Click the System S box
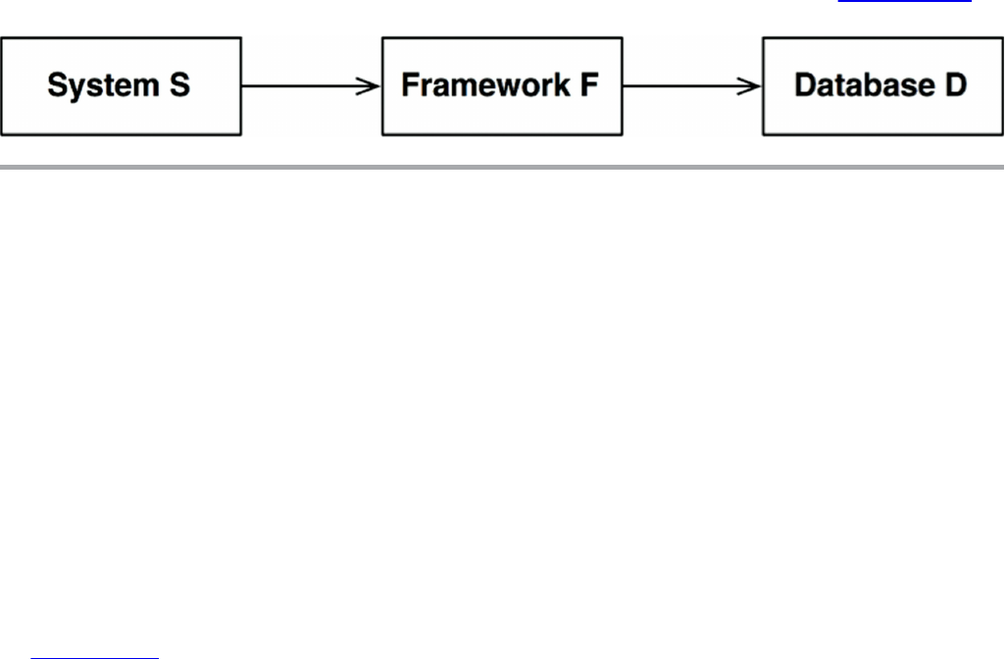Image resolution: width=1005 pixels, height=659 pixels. tap(122, 86)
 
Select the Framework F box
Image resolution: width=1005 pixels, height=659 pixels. tap(502, 86)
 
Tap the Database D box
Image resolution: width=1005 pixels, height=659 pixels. tap(882, 86)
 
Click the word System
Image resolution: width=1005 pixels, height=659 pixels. tap(103, 86)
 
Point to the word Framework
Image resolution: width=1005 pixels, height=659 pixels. tap(485, 84)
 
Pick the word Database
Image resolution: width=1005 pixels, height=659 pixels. tap(865, 84)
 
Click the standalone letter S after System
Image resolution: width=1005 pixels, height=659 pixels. tap(180, 84)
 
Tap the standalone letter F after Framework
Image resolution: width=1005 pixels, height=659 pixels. tap(589, 84)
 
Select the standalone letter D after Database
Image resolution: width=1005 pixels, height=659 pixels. tap(956, 84)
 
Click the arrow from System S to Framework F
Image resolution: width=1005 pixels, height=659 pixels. tap(311, 86)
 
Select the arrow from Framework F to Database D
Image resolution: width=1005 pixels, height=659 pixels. tap(692, 86)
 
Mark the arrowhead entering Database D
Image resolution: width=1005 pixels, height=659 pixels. tap(749, 86)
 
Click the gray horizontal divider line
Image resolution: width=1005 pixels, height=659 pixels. tap(502, 168)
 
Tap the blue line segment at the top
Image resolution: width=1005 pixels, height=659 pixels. tap(904, 1)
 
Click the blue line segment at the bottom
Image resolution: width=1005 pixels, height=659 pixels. tap(94, 658)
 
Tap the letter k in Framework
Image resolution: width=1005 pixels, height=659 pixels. tap(561, 84)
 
